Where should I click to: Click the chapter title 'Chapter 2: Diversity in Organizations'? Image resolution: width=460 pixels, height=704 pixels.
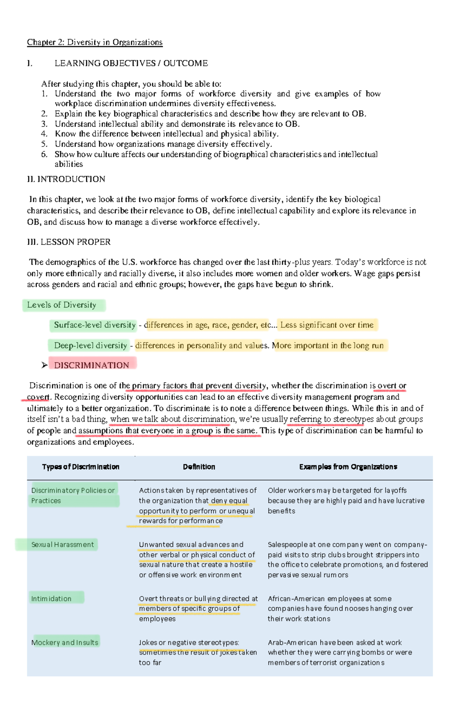coord(95,42)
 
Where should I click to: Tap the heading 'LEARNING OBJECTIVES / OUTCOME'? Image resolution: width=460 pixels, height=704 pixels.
coord(131,63)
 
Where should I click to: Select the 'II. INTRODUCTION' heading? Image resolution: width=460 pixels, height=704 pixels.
coord(66,179)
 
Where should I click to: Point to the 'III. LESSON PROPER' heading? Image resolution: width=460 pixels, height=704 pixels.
coord(69,242)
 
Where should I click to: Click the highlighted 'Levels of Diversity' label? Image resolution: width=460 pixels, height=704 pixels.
coord(62,305)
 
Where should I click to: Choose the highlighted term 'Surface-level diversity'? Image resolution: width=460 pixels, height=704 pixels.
coord(95,325)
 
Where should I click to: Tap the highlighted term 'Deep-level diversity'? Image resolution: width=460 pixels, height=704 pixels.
coord(90,346)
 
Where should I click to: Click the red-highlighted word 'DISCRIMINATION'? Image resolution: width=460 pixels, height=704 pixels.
coord(92,365)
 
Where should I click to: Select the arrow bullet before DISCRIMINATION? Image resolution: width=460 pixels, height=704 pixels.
coord(44,365)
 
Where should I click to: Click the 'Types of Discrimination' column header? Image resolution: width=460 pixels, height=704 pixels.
coord(80,467)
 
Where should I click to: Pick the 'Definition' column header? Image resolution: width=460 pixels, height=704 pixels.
coord(199,467)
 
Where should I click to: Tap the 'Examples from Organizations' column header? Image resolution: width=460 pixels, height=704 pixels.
coord(348,467)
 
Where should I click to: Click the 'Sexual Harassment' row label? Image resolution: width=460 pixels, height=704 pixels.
coord(62,545)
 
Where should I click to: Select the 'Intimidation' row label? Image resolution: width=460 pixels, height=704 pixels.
coord(51,599)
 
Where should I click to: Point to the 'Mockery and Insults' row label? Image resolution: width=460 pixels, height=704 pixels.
coord(65,643)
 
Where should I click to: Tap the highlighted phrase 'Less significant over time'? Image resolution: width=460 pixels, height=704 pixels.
coord(327,325)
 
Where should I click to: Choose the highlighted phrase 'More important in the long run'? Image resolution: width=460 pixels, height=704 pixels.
coord(328,346)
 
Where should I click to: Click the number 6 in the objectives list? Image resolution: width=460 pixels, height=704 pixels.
coord(44,155)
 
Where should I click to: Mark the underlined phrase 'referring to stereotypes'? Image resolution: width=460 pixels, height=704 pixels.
coord(326,419)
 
